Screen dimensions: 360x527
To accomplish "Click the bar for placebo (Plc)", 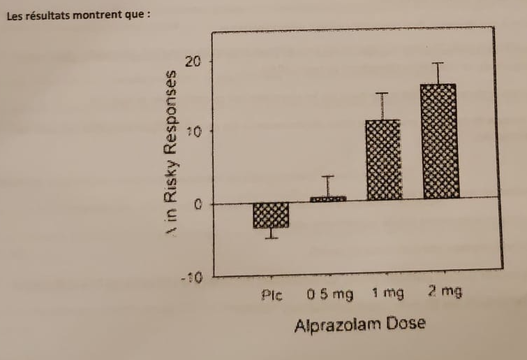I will coord(272,215).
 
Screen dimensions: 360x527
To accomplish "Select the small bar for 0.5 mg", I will coord(328,199).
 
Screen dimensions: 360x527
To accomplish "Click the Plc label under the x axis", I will coord(272,295).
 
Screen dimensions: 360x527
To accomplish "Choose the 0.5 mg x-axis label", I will coord(329,294).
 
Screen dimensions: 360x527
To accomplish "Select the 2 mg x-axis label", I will coord(445,292).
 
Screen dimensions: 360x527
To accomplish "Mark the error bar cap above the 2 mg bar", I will coord(438,64).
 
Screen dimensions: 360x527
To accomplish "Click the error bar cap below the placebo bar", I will coord(272,238).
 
